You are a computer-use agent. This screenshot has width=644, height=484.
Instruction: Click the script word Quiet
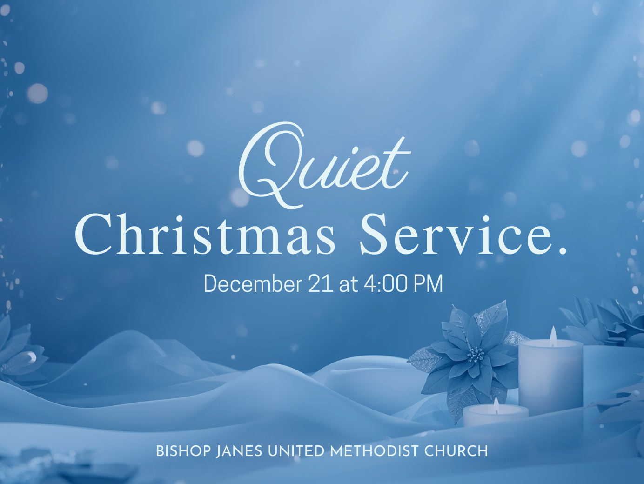click(324, 166)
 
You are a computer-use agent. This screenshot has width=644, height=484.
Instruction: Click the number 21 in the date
click(321, 284)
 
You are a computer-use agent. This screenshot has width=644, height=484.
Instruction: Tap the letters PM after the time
click(428, 284)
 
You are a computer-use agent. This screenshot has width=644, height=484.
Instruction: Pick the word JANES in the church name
click(239, 451)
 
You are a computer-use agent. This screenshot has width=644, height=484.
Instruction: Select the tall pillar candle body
click(550, 377)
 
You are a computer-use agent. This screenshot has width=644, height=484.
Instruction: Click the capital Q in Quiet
click(271, 166)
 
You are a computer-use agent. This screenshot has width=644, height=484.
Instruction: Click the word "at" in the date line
click(349, 284)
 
